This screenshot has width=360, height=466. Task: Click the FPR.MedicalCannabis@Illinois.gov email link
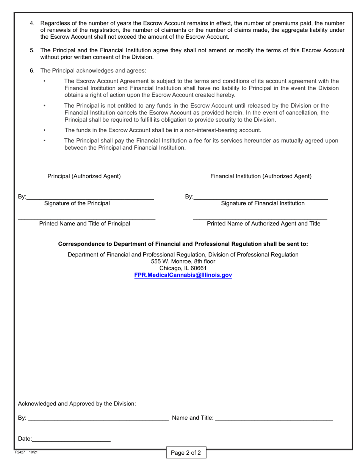click(183, 275)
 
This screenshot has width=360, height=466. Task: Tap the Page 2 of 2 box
click(186, 453)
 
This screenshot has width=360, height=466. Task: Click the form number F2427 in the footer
click(20, 452)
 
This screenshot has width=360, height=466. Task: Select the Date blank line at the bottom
click(71, 439)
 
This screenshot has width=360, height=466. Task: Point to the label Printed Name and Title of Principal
click(85, 224)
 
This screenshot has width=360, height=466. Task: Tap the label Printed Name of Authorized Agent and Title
click(263, 224)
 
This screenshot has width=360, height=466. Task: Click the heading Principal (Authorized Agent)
click(84, 176)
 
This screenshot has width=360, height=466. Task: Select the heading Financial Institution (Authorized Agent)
click(261, 176)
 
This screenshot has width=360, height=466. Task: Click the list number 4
click(32, 23)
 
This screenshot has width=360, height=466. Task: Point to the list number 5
click(32, 50)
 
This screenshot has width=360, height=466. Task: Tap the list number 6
click(32, 70)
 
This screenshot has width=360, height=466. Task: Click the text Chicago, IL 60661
click(183, 268)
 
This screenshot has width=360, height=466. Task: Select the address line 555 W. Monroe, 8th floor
click(183, 261)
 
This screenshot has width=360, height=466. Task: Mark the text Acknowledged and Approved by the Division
click(77, 404)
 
